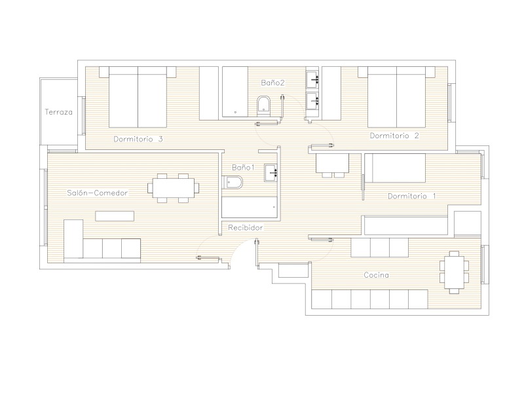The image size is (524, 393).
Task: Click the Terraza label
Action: [x=58, y=112]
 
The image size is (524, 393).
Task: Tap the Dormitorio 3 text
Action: [x=138, y=139]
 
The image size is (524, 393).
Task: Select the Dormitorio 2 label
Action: [x=394, y=136]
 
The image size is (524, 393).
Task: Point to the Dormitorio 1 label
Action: [x=412, y=196]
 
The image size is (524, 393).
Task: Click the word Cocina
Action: [x=376, y=275]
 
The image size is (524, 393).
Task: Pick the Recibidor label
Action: [x=245, y=227]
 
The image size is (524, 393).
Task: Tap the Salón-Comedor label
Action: [x=97, y=193]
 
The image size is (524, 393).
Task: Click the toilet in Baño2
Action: [x=264, y=105]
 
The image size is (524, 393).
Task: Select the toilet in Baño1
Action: [x=233, y=182]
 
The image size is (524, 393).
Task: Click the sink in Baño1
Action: [x=271, y=173]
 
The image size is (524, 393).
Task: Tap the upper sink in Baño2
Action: [x=313, y=80]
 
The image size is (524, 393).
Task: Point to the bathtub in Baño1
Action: [x=250, y=207]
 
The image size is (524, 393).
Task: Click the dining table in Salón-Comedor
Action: [x=173, y=188]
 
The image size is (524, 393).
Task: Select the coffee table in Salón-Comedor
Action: [x=115, y=216]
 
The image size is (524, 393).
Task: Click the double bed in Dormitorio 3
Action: [x=138, y=97]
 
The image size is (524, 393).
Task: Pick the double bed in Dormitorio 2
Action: [x=397, y=97]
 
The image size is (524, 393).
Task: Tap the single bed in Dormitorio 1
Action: [x=395, y=168]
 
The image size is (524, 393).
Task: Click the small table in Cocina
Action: [x=454, y=272]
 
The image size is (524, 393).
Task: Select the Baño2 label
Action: [x=272, y=83]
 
